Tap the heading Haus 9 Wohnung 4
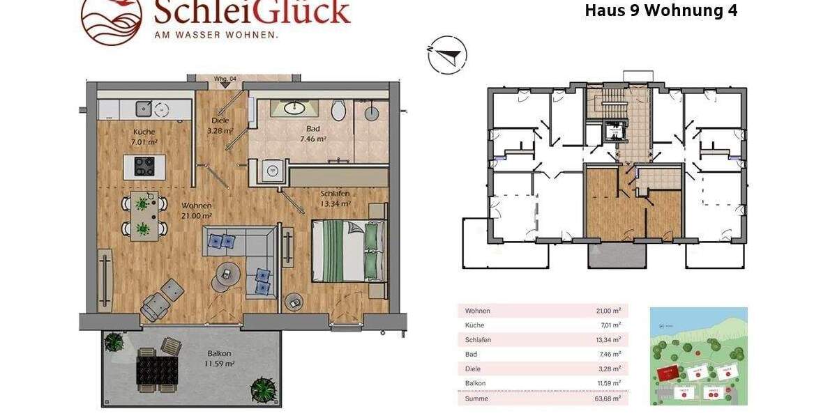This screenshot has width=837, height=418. pos(660,10)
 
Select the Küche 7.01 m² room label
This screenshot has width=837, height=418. pos(144,137)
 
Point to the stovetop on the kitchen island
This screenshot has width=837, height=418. pos(144,167)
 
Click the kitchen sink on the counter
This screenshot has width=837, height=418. pos(144,108)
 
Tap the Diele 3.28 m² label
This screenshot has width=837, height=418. pos(220,125)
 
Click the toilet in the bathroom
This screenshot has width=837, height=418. pos(339,110)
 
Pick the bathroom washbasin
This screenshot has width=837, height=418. pos(292,108)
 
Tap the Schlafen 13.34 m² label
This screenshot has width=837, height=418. pos(335,199)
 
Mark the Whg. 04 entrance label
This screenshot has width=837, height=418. pos(223,79)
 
